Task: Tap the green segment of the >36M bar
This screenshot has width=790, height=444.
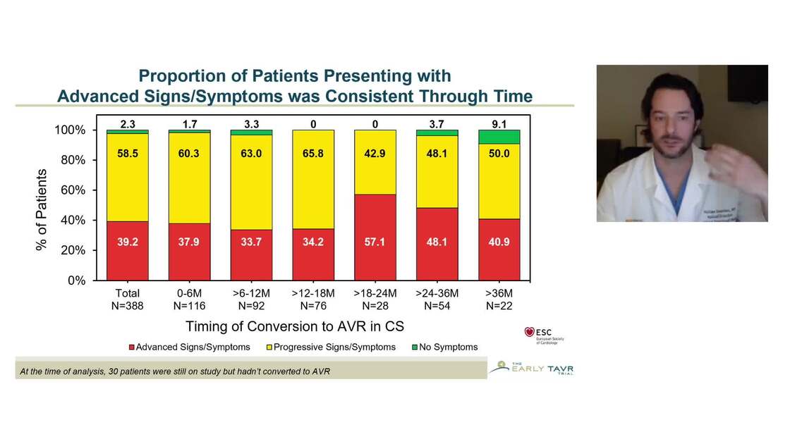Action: pos(499,137)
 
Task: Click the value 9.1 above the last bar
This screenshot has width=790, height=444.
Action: pos(499,123)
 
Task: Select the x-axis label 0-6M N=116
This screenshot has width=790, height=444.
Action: pos(189,300)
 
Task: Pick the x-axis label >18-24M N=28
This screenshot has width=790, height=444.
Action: pos(375,300)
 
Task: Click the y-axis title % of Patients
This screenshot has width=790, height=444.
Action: pos(42,210)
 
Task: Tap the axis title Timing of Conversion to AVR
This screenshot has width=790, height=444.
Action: pos(293,326)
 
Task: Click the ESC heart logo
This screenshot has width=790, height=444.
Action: pos(530,332)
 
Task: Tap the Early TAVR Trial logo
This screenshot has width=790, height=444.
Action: pos(531,367)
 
